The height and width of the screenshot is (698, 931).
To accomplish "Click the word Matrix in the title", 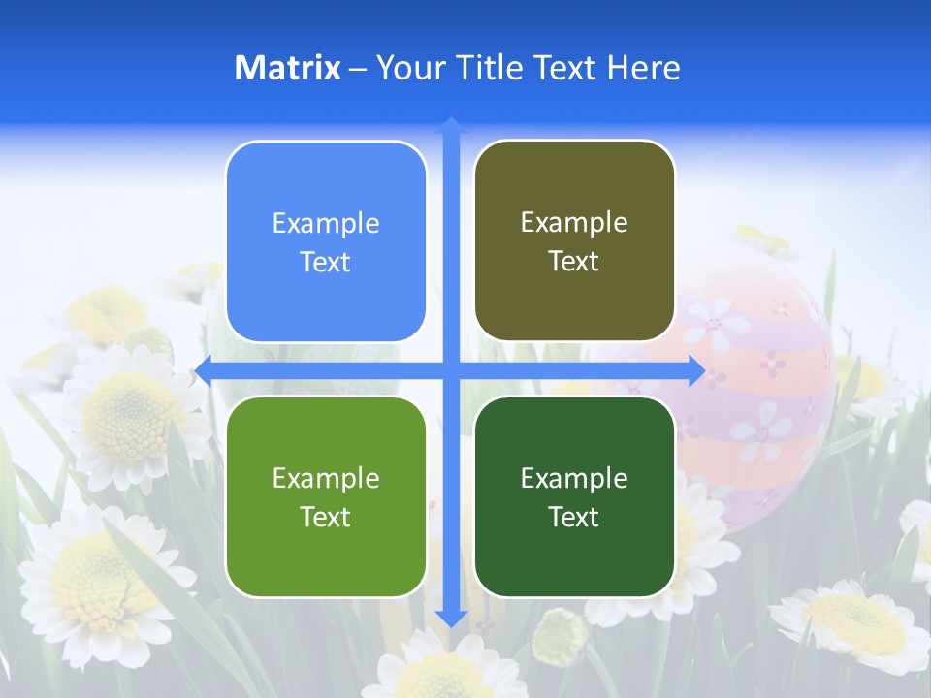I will [x=287, y=68].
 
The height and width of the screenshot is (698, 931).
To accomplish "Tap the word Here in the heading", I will [x=643, y=68].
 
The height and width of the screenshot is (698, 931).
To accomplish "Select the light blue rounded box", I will [x=326, y=242].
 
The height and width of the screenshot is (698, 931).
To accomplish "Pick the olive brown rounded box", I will [x=574, y=241].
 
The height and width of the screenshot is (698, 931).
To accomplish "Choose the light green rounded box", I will [x=326, y=496].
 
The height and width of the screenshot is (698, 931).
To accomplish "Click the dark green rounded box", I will [x=574, y=496].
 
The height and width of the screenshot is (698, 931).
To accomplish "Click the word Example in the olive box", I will [x=574, y=222].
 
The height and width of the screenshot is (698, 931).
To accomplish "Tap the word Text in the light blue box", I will [x=326, y=263].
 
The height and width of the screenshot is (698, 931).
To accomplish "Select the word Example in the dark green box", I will [x=574, y=478].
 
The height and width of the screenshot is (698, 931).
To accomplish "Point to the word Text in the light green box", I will [x=326, y=517].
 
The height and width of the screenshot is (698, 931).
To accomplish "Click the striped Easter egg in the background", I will [x=766, y=388].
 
